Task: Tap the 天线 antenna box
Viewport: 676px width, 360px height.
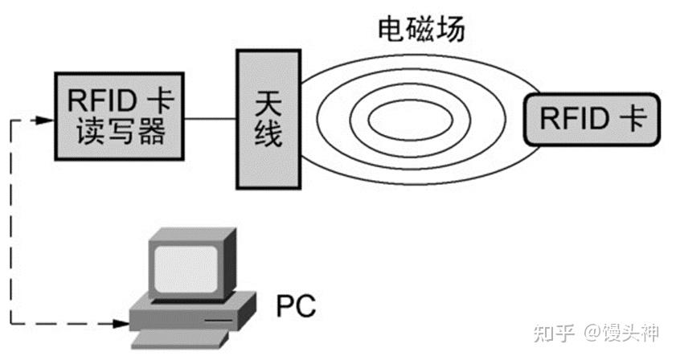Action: [268, 118]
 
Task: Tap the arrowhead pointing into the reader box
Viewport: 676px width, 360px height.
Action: [47, 120]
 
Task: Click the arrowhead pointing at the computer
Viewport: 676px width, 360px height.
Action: [121, 325]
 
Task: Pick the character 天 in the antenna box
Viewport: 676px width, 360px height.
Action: [268, 102]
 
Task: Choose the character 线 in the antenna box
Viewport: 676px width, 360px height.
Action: [268, 133]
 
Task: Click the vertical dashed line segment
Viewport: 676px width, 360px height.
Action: [13, 225]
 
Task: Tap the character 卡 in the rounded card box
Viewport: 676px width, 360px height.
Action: [633, 118]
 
